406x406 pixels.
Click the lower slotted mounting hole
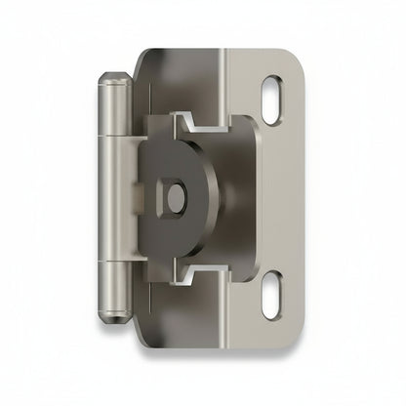pyautogui.click(x=273, y=295)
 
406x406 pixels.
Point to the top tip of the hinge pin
pyautogui.click(x=113, y=74)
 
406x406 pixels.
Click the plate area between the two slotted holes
pyautogui.click(x=278, y=199)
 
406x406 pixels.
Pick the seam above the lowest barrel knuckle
pyautogui.click(x=113, y=262)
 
